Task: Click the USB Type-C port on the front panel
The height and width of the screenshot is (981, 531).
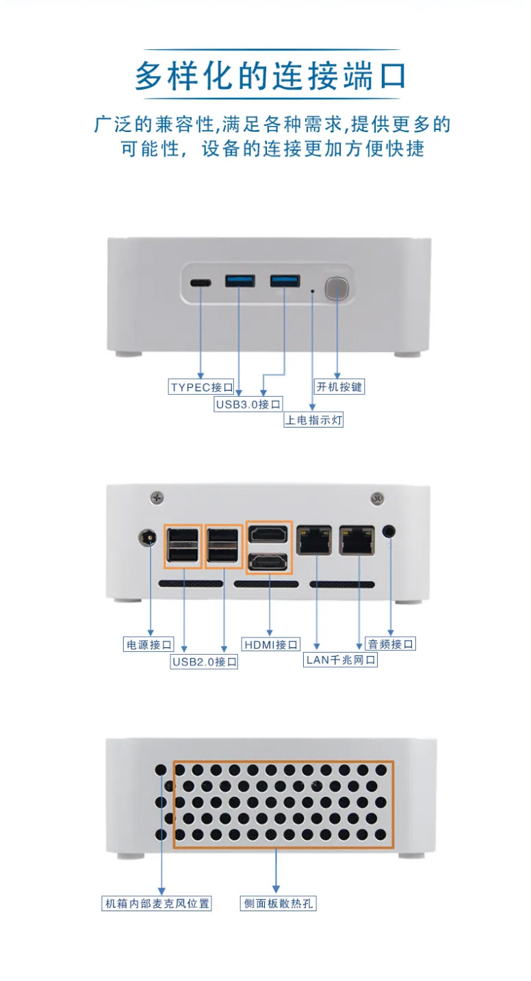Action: tap(200, 283)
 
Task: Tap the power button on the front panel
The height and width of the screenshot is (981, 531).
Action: tap(337, 288)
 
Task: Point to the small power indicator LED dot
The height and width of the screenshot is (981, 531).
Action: tap(312, 291)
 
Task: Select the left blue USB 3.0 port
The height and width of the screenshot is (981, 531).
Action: tap(239, 280)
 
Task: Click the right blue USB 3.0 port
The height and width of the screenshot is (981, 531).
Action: tap(285, 280)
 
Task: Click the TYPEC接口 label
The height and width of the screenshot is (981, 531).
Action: tap(201, 387)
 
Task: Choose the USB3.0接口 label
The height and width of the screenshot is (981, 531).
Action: tap(248, 404)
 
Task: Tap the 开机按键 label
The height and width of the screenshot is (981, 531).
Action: tap(339, 387)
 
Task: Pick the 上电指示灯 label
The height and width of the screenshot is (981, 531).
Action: tap(313, 420)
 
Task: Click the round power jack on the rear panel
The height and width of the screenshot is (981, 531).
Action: tap(147, 537)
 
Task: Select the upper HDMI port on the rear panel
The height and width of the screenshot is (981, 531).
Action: tap(268, 534)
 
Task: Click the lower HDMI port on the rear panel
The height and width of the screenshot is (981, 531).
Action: tap(268, 562)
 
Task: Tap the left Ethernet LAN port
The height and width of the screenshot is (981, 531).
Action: tap(314, 540)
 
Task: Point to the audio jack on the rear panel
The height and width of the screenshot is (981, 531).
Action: tap(389, 532)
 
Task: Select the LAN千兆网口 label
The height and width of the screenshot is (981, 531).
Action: tap(340, 659)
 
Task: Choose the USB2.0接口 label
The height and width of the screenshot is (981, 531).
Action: tap(204, 662)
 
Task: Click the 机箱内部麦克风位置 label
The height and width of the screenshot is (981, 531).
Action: tap(157, 903)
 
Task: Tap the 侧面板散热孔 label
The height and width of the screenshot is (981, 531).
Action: tap(279, 903)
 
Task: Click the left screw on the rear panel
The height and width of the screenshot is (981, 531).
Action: tap(157, 497)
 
